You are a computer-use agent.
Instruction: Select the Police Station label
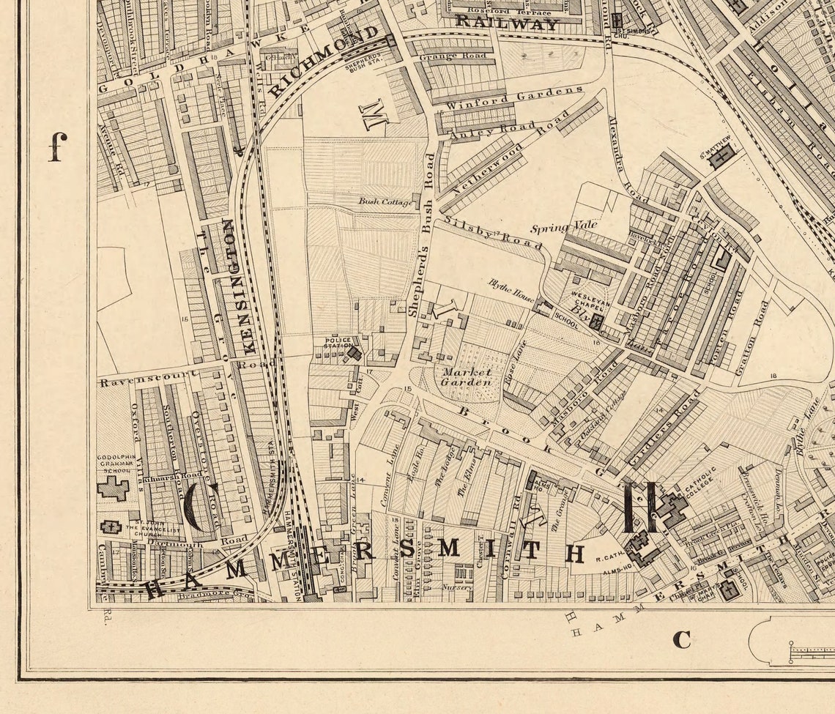coord(338,342)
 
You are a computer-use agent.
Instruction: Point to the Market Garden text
coord(467,377)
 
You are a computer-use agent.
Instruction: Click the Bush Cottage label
coord(385,201)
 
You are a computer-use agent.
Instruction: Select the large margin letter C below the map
coord(681,639)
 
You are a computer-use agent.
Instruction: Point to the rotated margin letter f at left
coord(57,146)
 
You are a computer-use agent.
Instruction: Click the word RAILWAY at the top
coord(506,23)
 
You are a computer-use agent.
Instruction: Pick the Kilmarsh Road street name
coord(166,476)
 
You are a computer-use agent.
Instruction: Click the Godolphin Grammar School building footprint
coord(113,488)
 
